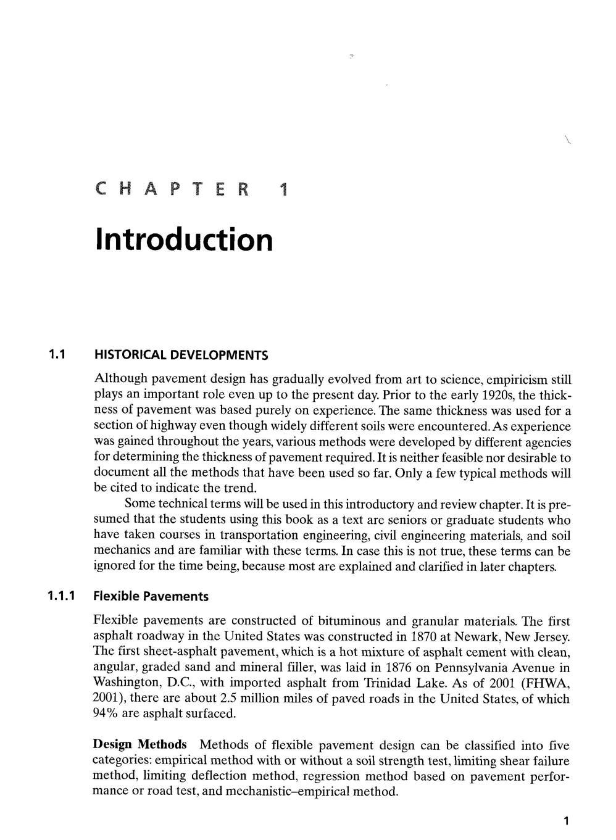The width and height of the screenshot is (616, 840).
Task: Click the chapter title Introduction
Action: coord(183,239)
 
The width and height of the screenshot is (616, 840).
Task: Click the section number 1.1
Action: coord(57,355)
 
